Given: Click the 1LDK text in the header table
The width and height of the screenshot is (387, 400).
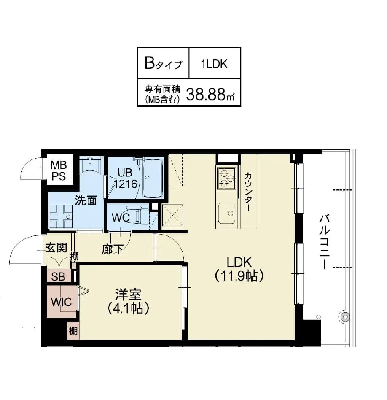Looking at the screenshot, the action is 214,64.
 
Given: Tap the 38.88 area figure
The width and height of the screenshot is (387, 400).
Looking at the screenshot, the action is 205,94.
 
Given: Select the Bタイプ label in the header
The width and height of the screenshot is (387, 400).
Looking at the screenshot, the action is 164,64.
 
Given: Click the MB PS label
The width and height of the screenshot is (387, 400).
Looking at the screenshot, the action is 59,170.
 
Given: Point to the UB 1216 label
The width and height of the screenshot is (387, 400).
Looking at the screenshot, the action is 125,178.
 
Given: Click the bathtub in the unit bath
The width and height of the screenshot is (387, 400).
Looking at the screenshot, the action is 153,178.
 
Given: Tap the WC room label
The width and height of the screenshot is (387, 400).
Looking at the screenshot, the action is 121,218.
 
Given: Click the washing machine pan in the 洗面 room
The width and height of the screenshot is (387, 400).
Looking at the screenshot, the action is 61,216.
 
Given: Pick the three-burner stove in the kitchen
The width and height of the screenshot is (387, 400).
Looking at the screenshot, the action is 226,178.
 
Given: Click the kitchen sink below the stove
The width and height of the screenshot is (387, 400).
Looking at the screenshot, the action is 226,213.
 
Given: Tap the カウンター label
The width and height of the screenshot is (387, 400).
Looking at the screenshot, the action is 247,192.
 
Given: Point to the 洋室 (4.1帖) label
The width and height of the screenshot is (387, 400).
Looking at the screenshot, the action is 128,301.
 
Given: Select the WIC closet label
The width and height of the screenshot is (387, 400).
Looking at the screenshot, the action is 61,302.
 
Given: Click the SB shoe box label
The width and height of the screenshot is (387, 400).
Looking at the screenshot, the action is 58,276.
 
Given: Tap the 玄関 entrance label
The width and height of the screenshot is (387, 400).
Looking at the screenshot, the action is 56,248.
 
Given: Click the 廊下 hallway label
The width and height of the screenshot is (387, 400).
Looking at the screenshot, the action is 113,249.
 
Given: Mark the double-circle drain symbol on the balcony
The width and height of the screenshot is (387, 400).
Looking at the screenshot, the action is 345,317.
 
